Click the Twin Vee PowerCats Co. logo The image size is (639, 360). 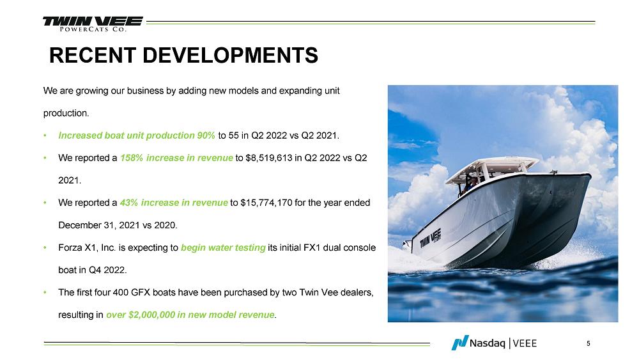tap(93, 24)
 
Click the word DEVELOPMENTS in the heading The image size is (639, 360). tap(230, 55)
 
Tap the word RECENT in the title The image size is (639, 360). tap(93, 55)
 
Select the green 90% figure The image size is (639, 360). tap(206, 136)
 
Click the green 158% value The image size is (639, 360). tap(131, 158)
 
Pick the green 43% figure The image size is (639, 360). tap(129, 203)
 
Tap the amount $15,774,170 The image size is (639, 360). tap(266, 203)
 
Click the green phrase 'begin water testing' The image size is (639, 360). tap(223, 247)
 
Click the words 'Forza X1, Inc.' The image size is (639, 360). tap(87, 247)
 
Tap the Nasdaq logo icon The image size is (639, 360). tap(459, 343)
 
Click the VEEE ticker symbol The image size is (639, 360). tap(525, 343)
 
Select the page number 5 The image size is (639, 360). tap(588, 343)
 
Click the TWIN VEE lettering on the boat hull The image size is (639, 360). tap(430, 238)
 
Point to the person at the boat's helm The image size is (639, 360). tap(471, 184)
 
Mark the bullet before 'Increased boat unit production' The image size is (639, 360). tap(45, 136)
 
